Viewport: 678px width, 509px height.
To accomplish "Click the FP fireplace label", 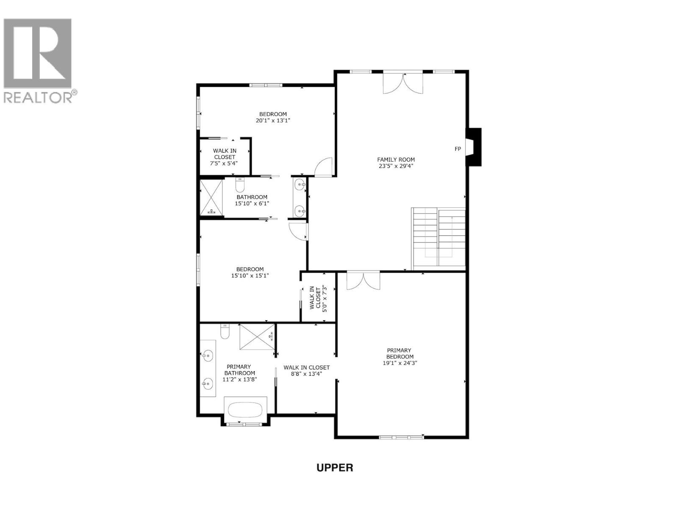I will coord(458,149).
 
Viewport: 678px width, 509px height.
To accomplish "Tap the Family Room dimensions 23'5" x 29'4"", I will coord(396,166).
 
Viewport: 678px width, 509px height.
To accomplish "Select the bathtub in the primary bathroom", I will coord(245,410).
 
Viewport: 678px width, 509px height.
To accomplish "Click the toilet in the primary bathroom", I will coord(225,332).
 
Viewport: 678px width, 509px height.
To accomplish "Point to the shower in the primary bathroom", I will coord(257,337).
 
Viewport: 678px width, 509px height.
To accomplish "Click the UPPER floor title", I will coord(335,467).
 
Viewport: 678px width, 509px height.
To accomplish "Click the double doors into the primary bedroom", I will coord(363,281).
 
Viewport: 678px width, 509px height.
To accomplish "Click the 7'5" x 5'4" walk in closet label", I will coord(225,157).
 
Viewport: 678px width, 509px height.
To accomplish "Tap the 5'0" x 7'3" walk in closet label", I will coord(318,298).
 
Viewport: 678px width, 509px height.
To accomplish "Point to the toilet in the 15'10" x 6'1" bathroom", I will coord(240,185).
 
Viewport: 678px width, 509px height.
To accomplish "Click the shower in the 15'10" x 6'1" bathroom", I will coord(211,197).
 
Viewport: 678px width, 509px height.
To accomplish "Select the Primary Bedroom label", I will coord(399,356).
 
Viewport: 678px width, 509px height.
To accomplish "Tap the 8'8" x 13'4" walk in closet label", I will coord(306,371).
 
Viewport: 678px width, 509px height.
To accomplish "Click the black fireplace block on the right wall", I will coord(475,147).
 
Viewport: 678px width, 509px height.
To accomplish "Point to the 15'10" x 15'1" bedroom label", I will coord(250,272).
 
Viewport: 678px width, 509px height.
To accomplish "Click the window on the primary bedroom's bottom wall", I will coord(401,437).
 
